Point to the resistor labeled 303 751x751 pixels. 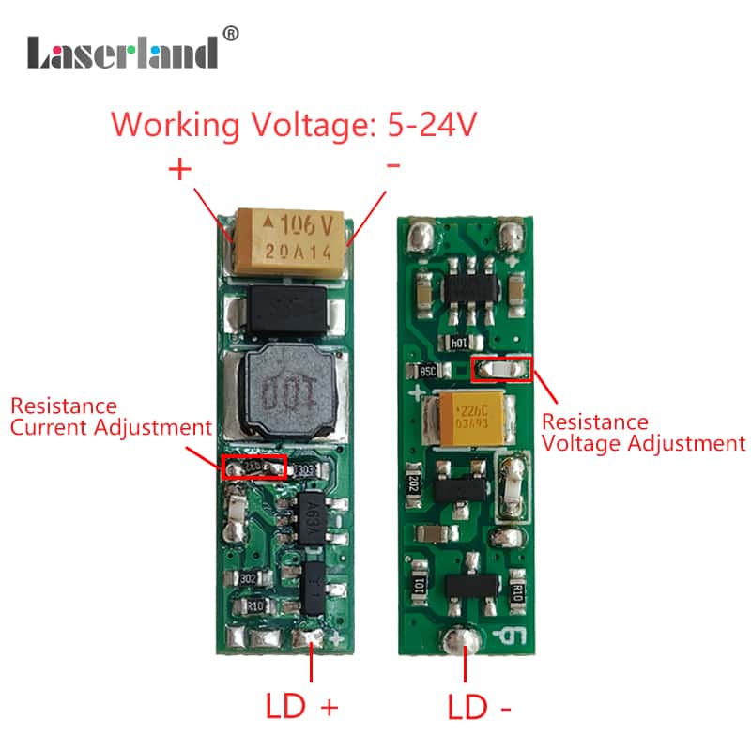click(305, 469)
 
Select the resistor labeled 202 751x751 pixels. click(413, 483)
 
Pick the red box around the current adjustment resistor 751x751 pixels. click(253, 467)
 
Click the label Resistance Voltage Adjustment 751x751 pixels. click(643, 433)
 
